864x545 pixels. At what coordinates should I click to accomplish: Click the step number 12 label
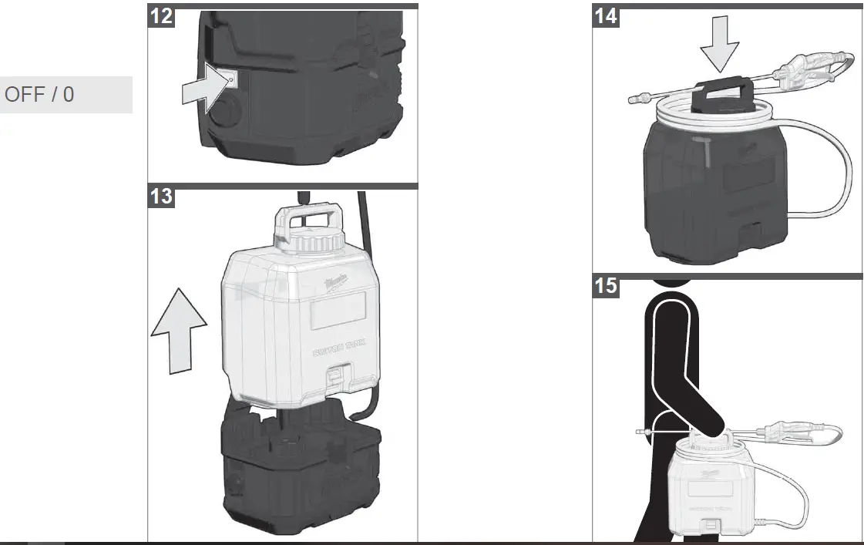click(x=161, y=15)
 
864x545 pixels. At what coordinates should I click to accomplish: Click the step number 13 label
click(x=161, y=197)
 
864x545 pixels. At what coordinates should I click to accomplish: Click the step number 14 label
click(x=606, y=15)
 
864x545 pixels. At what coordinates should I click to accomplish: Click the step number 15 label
click(x=606, y=286)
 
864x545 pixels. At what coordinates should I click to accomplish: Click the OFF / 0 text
click(x=40, y=95)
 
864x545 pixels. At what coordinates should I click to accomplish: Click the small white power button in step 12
click(x=231, y=77)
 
